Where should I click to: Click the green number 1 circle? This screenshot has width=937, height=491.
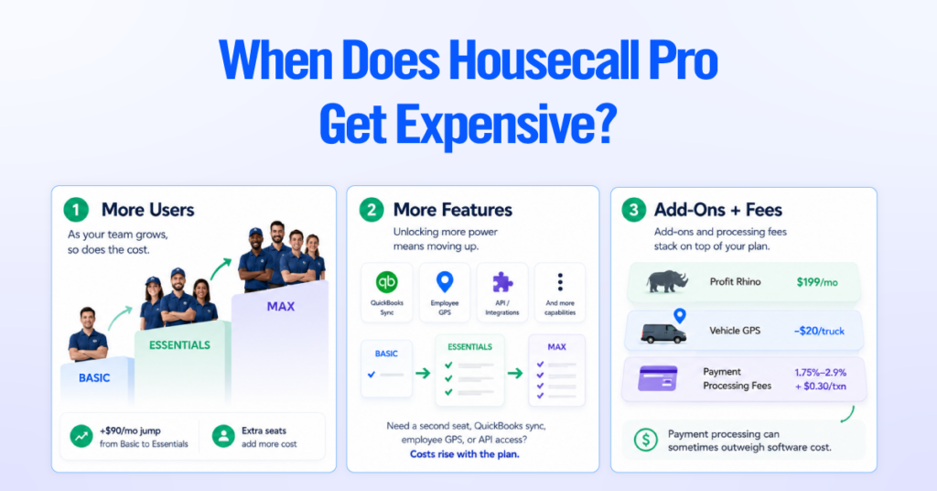click(76, 210)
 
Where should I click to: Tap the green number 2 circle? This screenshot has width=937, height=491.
click(372, 210)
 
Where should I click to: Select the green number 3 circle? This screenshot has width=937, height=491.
click(633, 210)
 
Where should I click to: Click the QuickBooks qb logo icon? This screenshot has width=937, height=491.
click(387, 281)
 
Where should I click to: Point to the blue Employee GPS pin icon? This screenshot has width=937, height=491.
click(445, 281)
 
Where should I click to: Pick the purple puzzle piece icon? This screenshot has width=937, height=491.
click(502, 281)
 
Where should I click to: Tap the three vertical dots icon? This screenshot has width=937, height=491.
click(560, 281)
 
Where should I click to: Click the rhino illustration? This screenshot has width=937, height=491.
click(667, 281)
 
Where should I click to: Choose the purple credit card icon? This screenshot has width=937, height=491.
click(657, 378)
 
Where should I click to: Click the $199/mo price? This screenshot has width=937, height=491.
click(817, 281)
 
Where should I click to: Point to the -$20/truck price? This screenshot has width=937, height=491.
click(819, 331)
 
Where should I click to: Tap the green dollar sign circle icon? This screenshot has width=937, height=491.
click(645, 441)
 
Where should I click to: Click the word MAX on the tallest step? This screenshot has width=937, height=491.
click(281, 307)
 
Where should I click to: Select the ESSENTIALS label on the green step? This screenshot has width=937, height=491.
click(179, 345)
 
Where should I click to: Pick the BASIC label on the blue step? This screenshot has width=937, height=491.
click(94, 378)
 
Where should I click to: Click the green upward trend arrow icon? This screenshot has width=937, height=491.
click(81, 437)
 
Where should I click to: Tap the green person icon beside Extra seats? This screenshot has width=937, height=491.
click(223, 437)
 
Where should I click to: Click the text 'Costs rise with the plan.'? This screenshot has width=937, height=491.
click(464, 454)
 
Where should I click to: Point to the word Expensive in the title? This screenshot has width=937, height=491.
click(505, 125)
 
